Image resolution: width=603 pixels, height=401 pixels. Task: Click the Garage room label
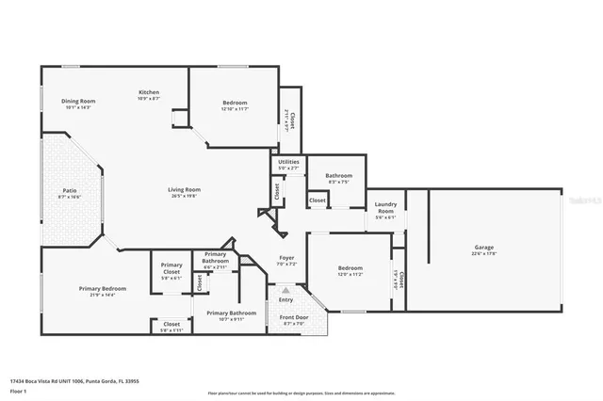click(x=483, y=248)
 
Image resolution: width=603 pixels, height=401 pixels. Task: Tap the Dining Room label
click(x=78, y=101)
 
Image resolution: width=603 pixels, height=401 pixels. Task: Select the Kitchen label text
click(x=149, y=91)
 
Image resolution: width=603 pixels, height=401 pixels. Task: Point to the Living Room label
click(x=184, y=189)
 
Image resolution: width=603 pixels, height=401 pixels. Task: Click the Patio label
click(x=70, y=190)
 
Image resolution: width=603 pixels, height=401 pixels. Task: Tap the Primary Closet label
click(x=171, y=268)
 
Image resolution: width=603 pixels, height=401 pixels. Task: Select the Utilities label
click(x=288, y=162)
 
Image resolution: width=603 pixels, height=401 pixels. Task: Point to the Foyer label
click(x=287, y=258)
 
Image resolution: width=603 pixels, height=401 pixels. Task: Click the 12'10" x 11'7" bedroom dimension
click(x=235, y=108)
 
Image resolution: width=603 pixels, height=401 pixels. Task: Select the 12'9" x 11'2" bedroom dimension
click(x=350, y=274)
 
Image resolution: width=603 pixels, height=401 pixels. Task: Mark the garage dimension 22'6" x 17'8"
click(x=483, y=253)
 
